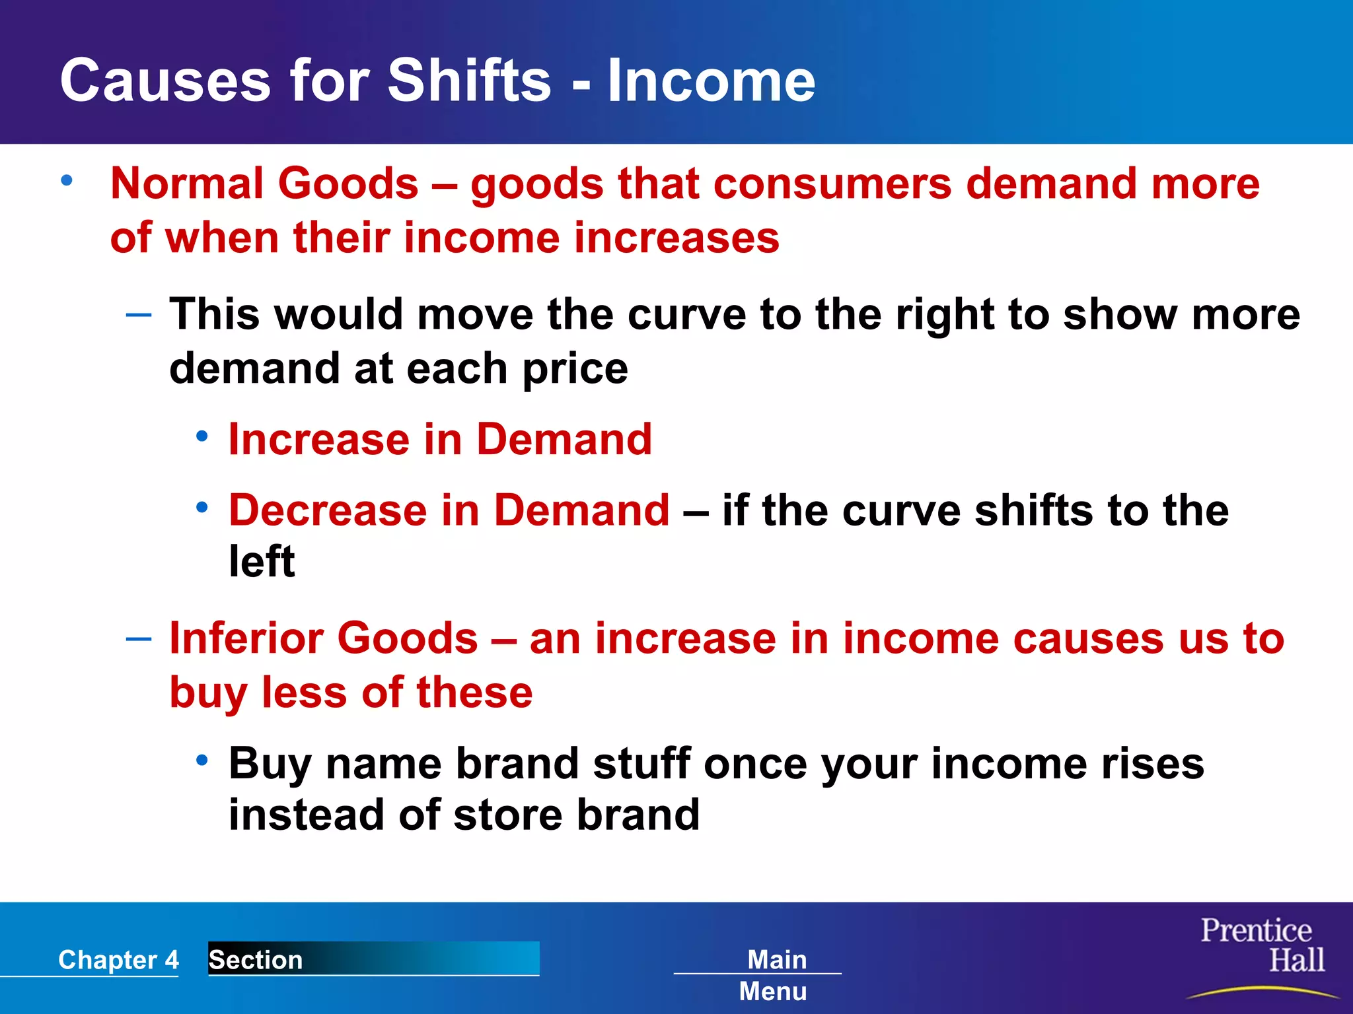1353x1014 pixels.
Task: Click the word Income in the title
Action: [x=711, y=81]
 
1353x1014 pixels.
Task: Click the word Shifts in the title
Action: [x=468, y=81]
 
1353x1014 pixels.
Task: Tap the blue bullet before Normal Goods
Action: [x=67, y=180]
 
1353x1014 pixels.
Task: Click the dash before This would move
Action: [x=139, y=315]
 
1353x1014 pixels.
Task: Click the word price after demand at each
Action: [x=575, y=370]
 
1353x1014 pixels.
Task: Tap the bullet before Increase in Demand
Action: [x=202, y=436]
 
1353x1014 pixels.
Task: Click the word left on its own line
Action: [x=262, y=562]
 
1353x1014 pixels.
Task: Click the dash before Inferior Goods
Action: [x=139, y=639]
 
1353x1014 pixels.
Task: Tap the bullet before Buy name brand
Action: [x=202, y=760]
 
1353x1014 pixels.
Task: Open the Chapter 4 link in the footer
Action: [x=118, y=960]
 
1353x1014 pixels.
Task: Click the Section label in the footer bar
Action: [x=256, y=960]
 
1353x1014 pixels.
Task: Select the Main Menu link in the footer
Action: [x=774, y=974]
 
